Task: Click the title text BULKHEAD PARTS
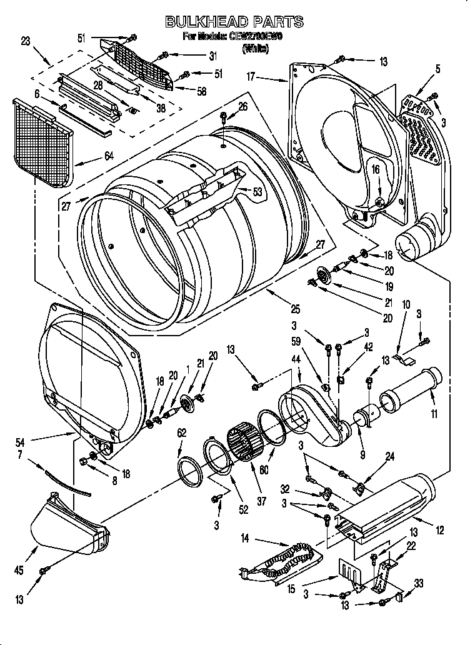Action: pyautogui.click(x=234, y=22)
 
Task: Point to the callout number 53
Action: pyautogui.click(x=257, y=192)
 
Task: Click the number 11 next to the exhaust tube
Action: pyautogui.click(x=434, y=413)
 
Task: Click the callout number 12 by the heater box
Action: pyautogui.click(x=439, y=531)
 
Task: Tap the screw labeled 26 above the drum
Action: pyautogui.click(x=224, y=117)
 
